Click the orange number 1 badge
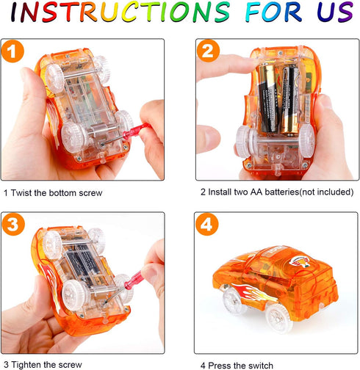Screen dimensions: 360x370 (12, 51)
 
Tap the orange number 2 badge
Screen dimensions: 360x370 (208, 51)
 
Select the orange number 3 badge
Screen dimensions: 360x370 (13, 225)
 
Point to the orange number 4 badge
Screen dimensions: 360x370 (207, 225)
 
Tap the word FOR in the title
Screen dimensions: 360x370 (273, 12)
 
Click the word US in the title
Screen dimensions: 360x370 (335, 12)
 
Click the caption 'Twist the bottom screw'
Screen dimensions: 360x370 (57, 193)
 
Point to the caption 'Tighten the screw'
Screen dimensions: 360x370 (46, 365)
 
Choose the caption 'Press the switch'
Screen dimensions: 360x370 (240, 366)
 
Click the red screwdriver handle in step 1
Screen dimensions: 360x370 (137, 131)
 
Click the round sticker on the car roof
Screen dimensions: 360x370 (298, 261)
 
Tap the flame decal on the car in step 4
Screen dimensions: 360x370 (251, 291)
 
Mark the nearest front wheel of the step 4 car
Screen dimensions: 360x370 (278, 318)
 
